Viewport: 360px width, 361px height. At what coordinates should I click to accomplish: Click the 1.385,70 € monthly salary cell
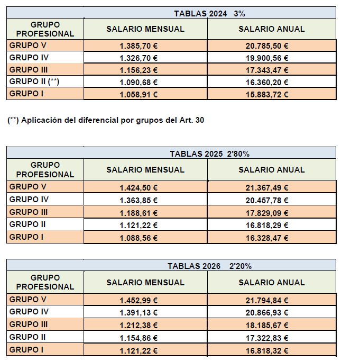coord(139,46)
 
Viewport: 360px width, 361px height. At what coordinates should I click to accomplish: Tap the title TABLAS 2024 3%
coord(210,13)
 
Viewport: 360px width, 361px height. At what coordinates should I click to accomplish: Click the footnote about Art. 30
coord(106,120)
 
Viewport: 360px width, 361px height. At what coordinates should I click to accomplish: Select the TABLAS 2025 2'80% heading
coord(209,154)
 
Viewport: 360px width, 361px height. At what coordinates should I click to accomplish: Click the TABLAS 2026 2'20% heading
coord(210,266)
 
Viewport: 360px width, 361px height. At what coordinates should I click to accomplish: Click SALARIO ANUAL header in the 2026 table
coord(272,283)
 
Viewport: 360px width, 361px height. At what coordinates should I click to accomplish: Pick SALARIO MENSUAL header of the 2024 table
coord(145,29)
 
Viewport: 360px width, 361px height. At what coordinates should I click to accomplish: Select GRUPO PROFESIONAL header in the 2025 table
coord(45,170)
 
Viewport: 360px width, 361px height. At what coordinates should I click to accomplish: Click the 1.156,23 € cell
coord(139,70)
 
